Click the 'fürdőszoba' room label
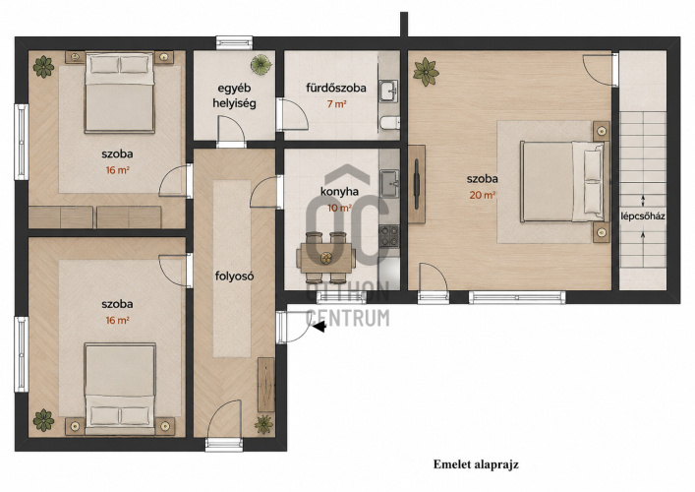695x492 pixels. coord(336,88)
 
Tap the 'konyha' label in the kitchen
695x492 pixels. coord(339,192)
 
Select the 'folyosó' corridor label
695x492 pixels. coord(235,276)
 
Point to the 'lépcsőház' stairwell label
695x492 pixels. coord(643,216)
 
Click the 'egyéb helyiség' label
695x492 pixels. coord(235,95)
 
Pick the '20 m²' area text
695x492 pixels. coord(483,195)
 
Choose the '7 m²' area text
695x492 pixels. coord(336,104)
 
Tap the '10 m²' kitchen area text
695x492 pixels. coord(339,208)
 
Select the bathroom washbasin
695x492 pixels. coord(389,91)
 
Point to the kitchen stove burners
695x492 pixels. coord(389,236)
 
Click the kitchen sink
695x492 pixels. coord(389,183)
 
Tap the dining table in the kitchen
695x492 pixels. coord(326,257)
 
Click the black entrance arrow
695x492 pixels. coord(319,327)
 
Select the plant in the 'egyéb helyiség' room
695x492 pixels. coord(261,65)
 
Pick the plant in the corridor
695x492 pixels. coord(264,424)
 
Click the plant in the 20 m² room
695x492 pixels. coord(426,72)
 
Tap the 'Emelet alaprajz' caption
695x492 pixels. coord(476,464)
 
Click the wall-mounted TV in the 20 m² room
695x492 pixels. coord(417,184)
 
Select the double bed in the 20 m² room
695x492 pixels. coord(564,181)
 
